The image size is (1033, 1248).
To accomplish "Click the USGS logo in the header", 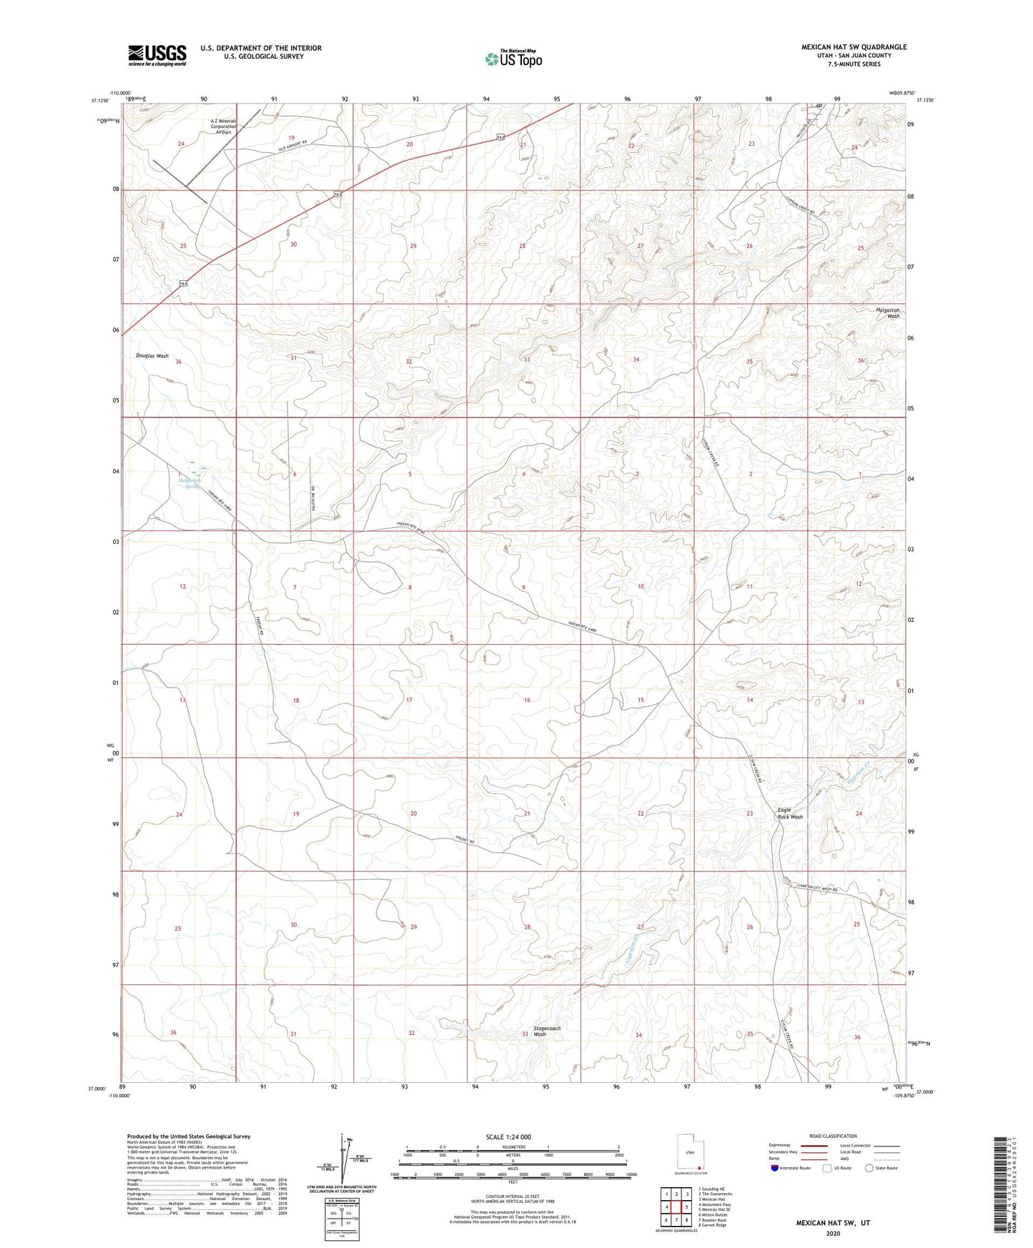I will [x=157, y=54].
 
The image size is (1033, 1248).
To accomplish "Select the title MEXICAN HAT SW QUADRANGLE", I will [x=854, y=47].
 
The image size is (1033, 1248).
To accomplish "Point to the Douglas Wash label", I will [x=152, y=355].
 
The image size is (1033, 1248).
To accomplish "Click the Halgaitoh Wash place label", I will [x=888, y=313].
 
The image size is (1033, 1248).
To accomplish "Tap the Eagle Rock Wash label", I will [x=790, y=813].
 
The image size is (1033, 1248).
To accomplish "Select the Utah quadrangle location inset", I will [x=690, y=1152].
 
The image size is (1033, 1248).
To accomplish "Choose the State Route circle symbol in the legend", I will [x=869, y=1168].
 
